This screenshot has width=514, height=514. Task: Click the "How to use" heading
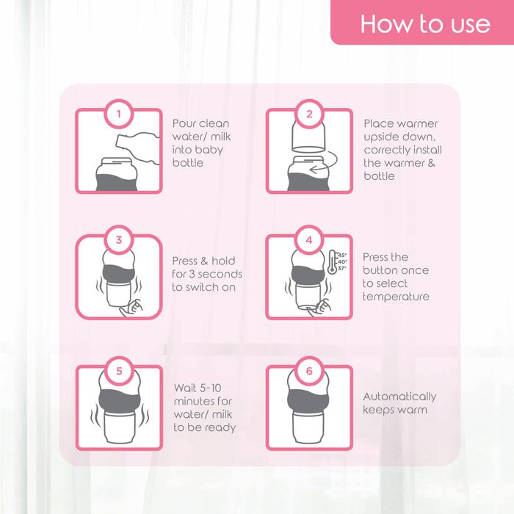coord(425,24)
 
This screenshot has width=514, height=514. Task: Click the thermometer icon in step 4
coord(332,262)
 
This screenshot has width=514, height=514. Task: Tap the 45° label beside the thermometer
coord(342,255)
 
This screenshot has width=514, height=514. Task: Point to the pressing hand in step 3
coord(131,308)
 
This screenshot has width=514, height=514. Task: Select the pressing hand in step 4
coord(320,308)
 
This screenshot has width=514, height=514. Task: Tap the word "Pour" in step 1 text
coord(184,123)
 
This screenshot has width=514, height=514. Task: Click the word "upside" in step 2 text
coord(381,137)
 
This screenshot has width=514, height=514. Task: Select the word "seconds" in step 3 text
coord(220,274)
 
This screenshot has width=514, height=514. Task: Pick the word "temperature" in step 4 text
coord(396,297)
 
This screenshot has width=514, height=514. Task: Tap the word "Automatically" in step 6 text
coord(399,397)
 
